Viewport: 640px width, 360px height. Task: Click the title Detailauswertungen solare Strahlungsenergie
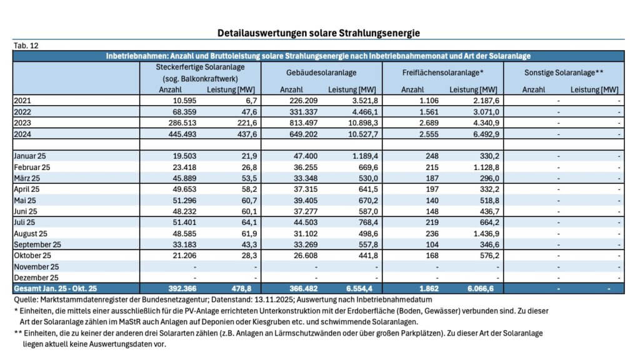click(319, 32)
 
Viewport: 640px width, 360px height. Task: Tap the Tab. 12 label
click(26, 46)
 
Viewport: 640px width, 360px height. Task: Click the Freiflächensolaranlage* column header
click(443, 73)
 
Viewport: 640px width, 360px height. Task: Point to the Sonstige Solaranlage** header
click(563, 73)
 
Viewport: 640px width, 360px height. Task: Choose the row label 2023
click(22, 123)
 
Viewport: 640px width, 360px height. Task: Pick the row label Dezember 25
click(36, 277)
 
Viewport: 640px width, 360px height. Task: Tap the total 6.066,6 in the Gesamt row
click(483, 289)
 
